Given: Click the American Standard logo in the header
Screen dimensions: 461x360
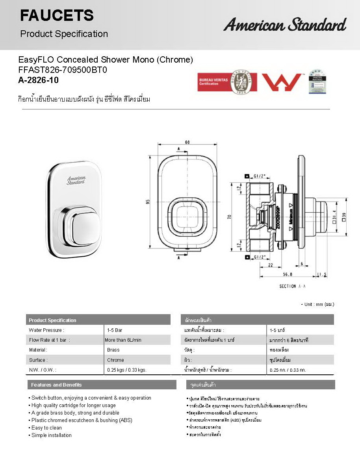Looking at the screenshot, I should (285, 25).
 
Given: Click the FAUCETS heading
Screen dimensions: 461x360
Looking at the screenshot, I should (57, 16).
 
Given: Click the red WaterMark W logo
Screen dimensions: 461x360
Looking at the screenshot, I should (281, 82).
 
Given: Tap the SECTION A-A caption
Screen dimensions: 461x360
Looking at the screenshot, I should (293, 286).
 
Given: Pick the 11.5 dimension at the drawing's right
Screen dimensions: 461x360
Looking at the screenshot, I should (322, 275).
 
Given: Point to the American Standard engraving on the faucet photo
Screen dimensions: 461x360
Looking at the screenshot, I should (76, 180).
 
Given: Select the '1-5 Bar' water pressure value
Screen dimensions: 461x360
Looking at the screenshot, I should (114, 330).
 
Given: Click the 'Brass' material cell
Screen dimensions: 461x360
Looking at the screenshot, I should (113, 350).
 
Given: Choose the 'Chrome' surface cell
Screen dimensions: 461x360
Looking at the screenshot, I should (115, 360).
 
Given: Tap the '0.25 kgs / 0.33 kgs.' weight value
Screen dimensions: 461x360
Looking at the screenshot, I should (126, 370).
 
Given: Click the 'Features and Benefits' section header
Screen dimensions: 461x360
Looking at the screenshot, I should (56, 385).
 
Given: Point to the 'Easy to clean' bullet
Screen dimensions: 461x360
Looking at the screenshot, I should (46, 428).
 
